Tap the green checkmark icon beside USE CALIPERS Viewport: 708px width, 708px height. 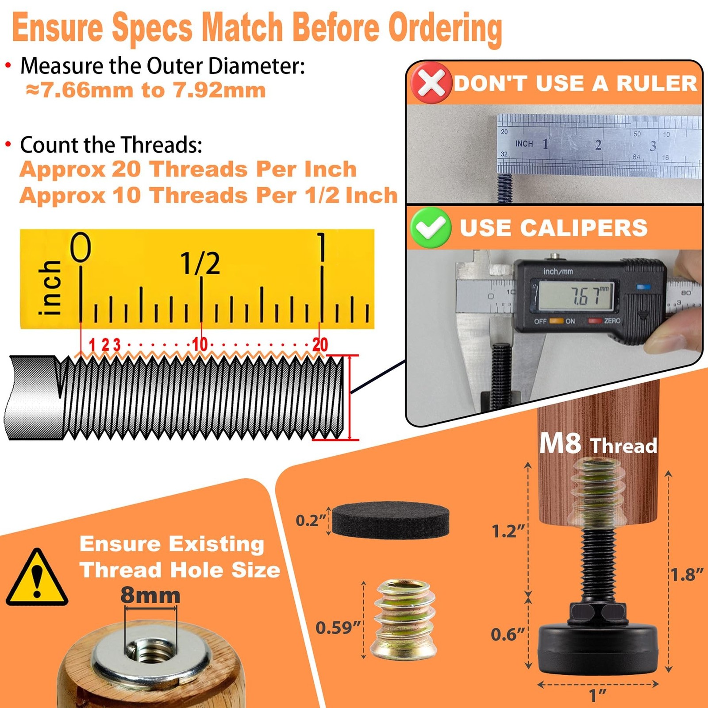(x=431, y=227)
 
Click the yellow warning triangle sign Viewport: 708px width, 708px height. (x=37, y=577)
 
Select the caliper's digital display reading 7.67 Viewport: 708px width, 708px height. (x=576, y=296)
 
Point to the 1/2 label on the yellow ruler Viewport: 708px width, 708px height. (x=200, y=263)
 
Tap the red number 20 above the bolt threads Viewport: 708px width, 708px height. (x=320, y=344)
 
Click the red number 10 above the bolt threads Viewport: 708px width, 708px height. (x=200, y=344)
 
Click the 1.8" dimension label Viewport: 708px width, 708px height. (x=687, y=575)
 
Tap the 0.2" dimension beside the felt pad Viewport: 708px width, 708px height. (x=311, y=520)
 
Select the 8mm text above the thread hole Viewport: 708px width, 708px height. (x=150, y=595)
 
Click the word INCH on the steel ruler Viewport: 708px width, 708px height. (x=524, y=143)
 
